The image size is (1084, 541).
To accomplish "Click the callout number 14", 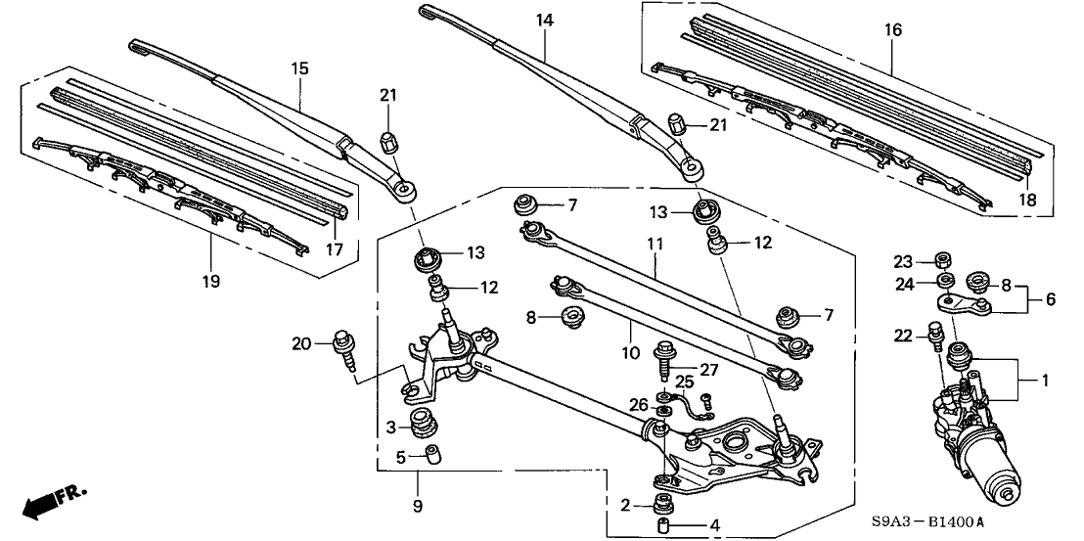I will click(x=544, y=20).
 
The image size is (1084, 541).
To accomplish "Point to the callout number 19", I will click(x=211, y=281).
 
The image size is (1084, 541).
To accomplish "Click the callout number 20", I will click(x=301, y=342).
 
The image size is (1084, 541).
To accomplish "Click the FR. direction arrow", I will click(x=51, y=503).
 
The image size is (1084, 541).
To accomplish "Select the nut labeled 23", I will click(x=945, y=260).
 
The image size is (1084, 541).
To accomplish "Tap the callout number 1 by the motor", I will click(x=1045, y=379).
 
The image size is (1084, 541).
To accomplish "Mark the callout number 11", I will click(x=654, y=242).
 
